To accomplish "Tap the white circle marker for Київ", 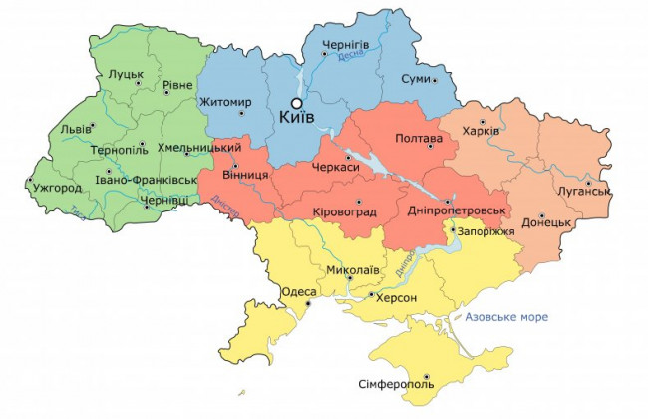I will click(295, 102).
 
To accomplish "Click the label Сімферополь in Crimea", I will click(396, 384).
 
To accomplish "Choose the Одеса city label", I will click(300, 292).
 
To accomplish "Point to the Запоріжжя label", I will click(483, 232).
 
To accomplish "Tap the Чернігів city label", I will click(345, 46).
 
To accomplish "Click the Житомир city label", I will click(225, 102).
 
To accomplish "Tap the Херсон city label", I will click(396, 298).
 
